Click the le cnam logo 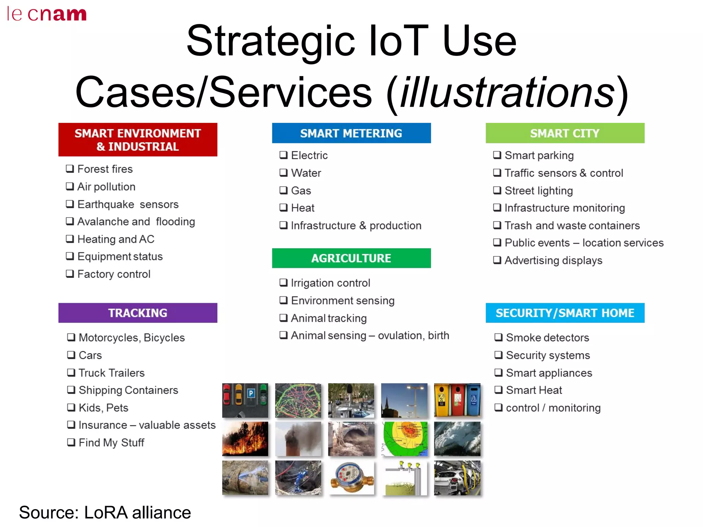(x=46, y=14)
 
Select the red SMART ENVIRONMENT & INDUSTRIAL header (x=138, y=140)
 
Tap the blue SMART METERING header (x=351, y=133)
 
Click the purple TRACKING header (x=138, y=313)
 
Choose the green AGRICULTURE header (x=351, y=258)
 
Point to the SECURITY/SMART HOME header (x=565, y=313)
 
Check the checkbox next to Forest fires (x=70, y=169)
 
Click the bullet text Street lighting (x=539, y=190)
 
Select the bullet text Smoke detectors (x=548, y=338)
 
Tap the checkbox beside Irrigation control (x=284, y=283)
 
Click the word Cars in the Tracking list (x=90, y=355)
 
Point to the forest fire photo (x=245, y=439)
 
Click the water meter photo (x=351, y=478)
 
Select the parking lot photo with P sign (x=245, y=400)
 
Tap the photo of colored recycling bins (x=457, y=400)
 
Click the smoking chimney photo (x=298, y=439)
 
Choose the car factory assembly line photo (x=457, y=478)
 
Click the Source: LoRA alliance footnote (x=105, y=513)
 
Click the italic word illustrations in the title (x=508, y=92)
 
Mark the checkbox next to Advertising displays (x=497, y=260)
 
